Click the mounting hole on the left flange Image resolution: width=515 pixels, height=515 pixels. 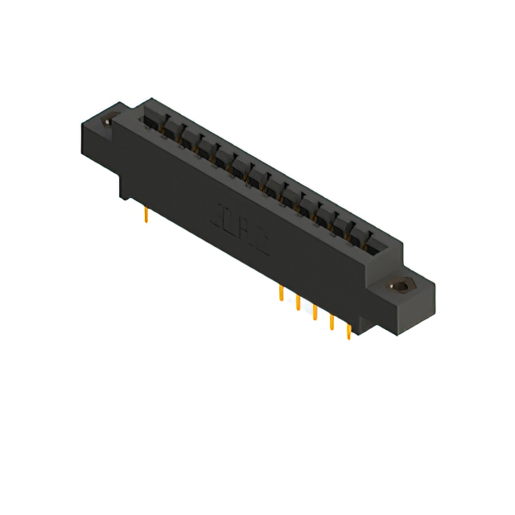(x=108, y=122)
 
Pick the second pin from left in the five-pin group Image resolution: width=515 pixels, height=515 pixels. (x=298, y=303)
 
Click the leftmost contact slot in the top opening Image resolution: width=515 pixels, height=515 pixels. (x=153, y=121)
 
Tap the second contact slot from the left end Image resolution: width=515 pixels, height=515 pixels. (x=171, y=130)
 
